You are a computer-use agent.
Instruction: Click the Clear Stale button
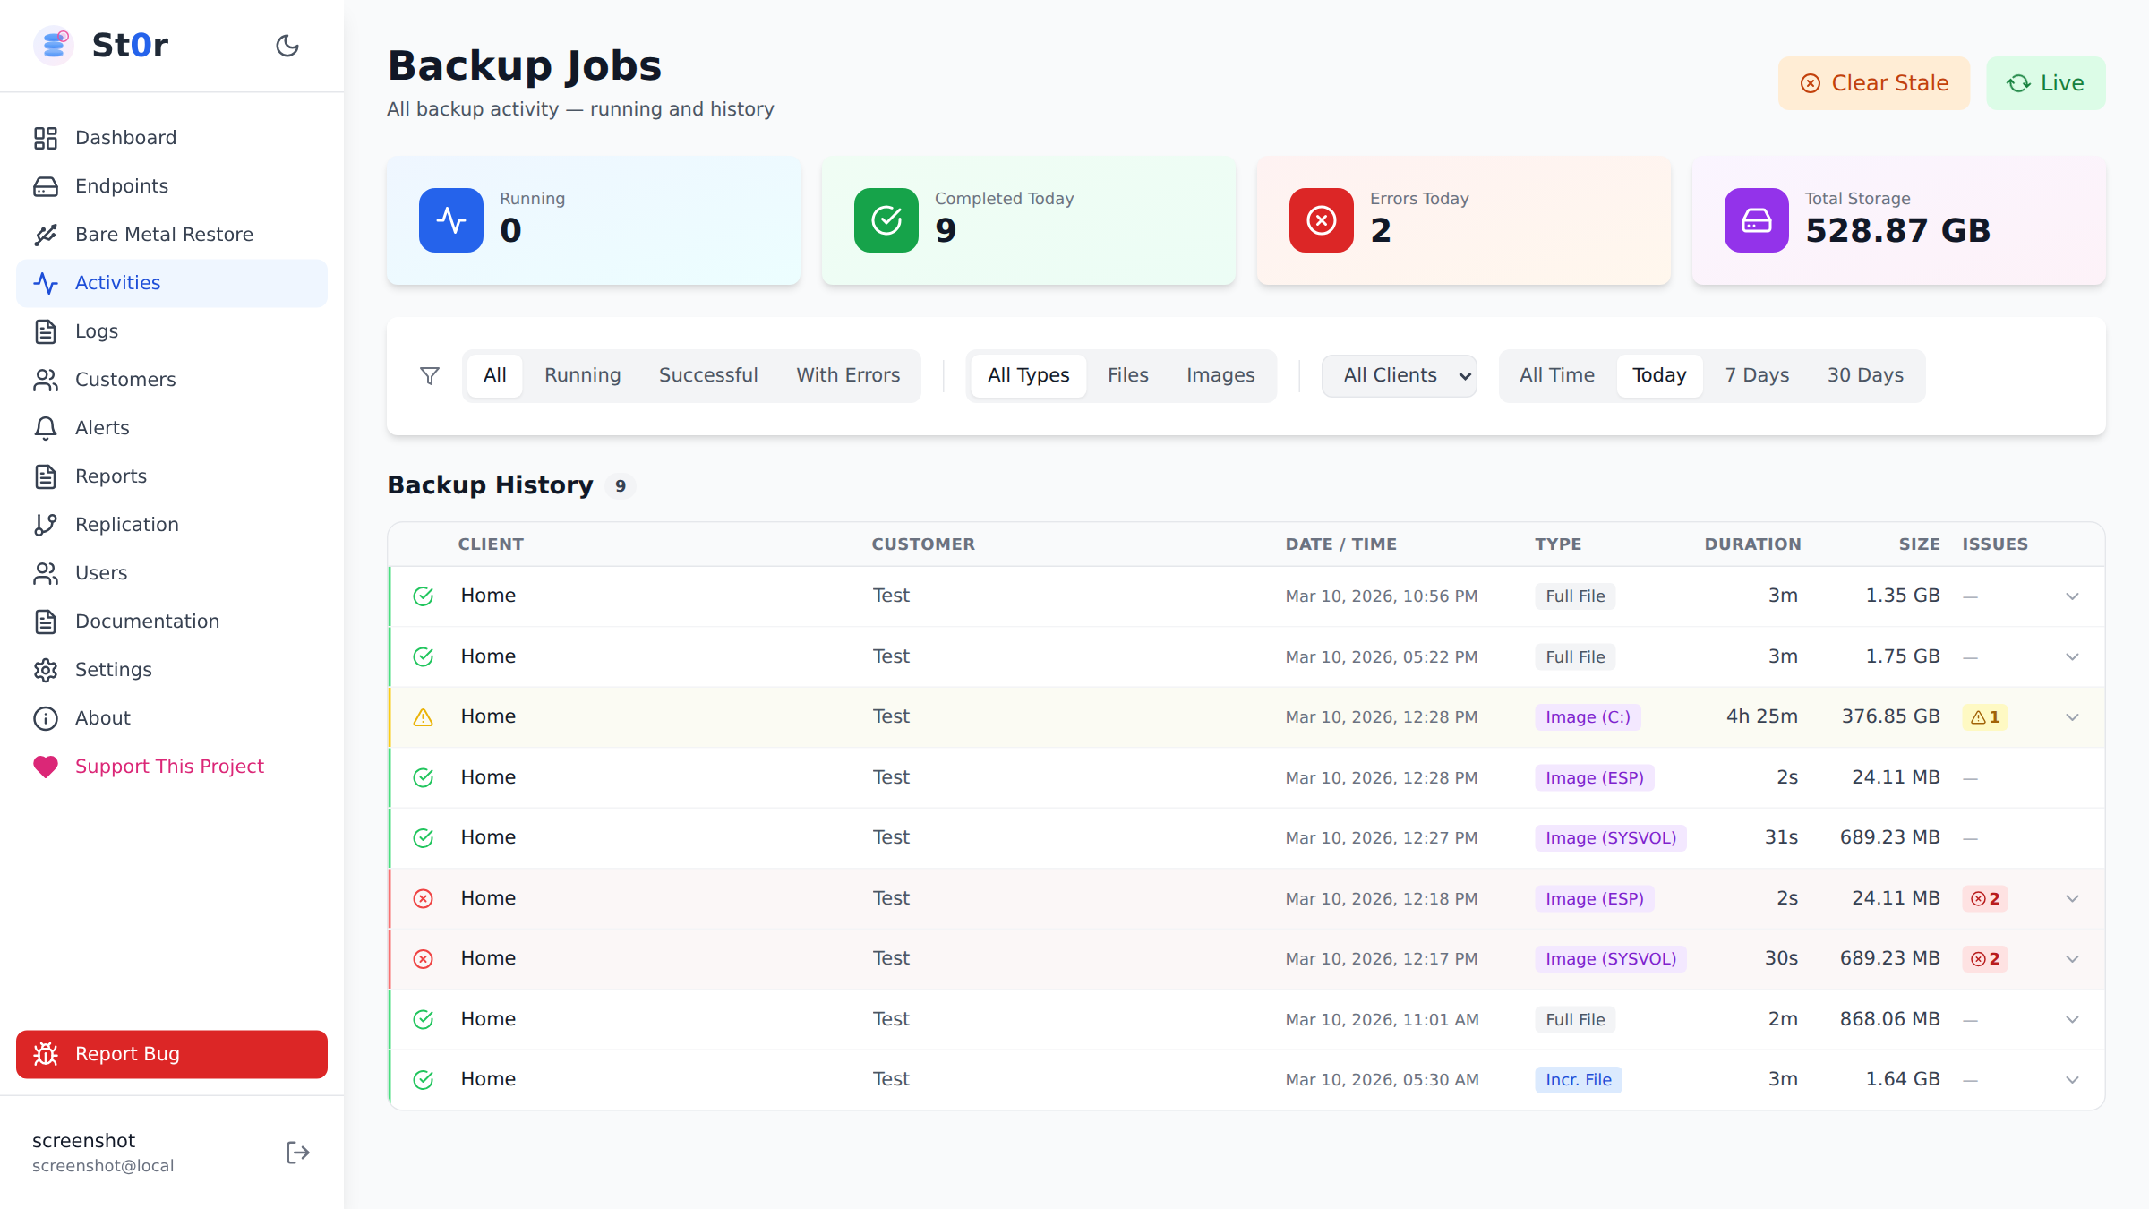coord(1873,83)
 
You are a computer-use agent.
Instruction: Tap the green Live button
coord(2045,83)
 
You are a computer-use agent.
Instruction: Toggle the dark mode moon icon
coord(287,46)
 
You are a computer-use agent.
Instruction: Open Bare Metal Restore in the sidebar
coord(164,235)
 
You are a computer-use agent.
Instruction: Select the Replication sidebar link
coord(126,525)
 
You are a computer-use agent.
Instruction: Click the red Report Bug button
coord(171,1054)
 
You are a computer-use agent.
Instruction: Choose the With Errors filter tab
coord(847,375)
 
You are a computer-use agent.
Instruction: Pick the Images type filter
coord(1220,375)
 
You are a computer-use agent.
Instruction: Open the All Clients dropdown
coord(1399,375)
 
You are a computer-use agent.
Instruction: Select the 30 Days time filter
coord(1865,375)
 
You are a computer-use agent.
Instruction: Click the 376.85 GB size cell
coord(1890,716)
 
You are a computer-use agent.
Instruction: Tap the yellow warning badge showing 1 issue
coord(1984,717)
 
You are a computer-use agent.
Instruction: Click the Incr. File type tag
coord(1578,1080)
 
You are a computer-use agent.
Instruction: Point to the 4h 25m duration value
coord(1761,716)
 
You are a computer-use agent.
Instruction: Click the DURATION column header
coord(1751,544)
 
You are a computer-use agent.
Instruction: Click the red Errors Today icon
coord(1321,220)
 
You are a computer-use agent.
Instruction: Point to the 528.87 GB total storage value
coord(1896,231)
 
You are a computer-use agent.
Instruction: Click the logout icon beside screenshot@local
coord(297,1153)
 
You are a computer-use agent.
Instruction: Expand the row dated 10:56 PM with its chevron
coord(2072,596)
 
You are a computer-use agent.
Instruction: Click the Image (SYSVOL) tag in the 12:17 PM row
coord(1610,959)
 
